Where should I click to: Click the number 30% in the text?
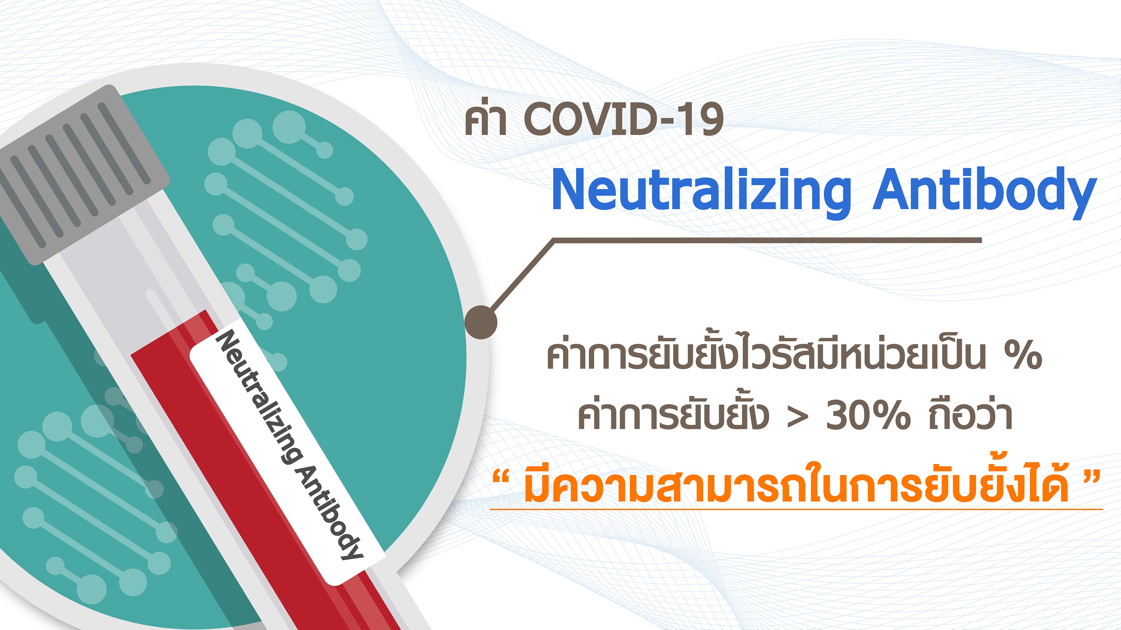868,415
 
